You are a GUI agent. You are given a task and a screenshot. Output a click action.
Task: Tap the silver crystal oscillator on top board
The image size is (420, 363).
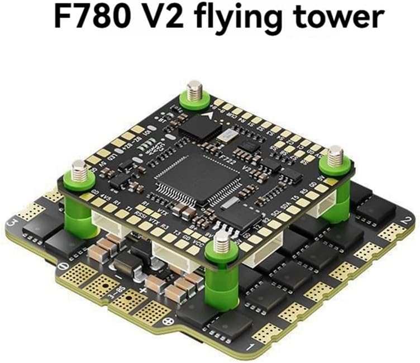(x=228, y=136)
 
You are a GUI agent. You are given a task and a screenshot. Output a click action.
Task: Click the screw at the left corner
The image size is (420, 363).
(x=78, y=166)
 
